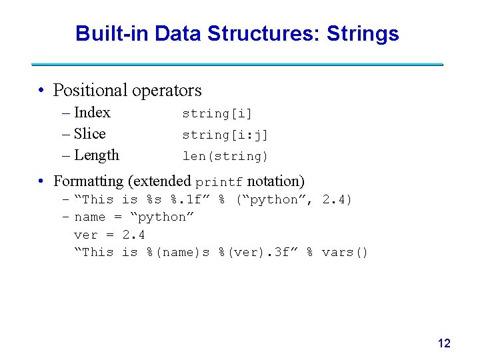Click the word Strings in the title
(363, 33)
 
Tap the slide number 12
(444, 343)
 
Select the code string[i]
(217, 114)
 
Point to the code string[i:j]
(225, 135)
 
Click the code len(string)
(225, 157)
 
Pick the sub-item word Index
(92, 113)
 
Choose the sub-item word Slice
(90, 134)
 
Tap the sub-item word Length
(97, 155)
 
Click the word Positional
(90, 90)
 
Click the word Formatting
(88, 181)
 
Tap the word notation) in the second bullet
(275, 181)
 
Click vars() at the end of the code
(345, 253)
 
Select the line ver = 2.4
(109, 235)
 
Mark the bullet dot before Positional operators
(41, 91)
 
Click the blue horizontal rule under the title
(237, 65)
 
